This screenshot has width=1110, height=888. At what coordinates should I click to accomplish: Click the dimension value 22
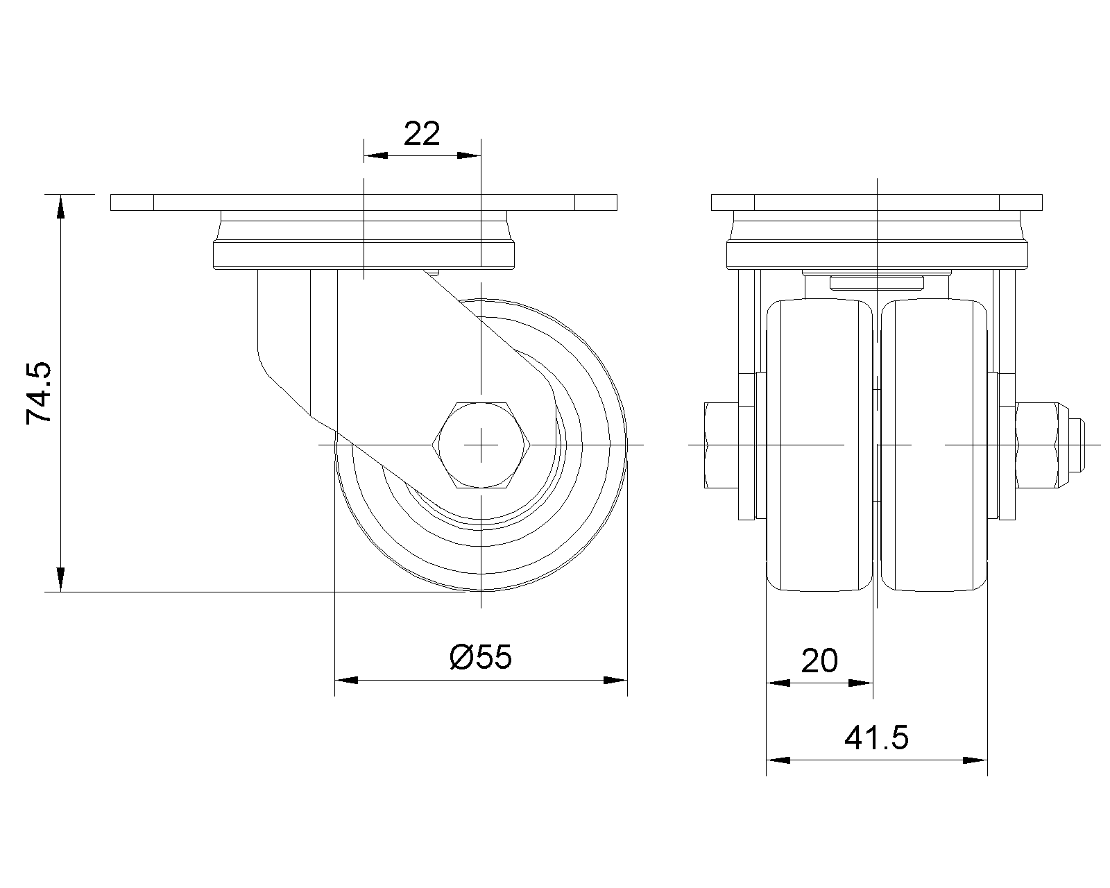(421, 134)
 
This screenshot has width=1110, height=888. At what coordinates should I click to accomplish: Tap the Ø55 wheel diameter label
(480, 658)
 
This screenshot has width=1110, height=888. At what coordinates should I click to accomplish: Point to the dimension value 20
(819, 661)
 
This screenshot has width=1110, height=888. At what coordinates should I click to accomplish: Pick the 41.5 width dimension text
(876, 738)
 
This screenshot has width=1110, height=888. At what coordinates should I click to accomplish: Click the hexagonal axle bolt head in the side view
(481, 445)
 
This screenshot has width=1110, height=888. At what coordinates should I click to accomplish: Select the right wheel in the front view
(934, 445)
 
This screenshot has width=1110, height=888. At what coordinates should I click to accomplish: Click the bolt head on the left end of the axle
(721, 445)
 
